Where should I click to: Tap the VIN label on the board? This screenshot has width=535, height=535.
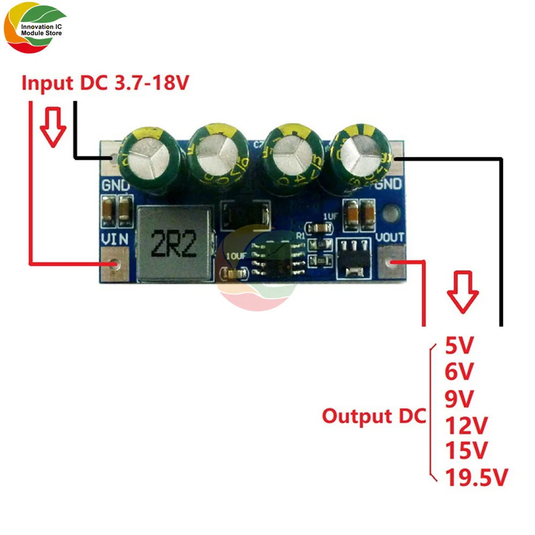114,240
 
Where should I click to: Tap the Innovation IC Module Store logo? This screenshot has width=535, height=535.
35,31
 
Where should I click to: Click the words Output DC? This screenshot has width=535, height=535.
373,416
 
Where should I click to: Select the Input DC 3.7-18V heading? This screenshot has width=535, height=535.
104,83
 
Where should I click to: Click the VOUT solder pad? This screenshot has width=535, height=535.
393,262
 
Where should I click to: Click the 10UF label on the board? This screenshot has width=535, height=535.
236,256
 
